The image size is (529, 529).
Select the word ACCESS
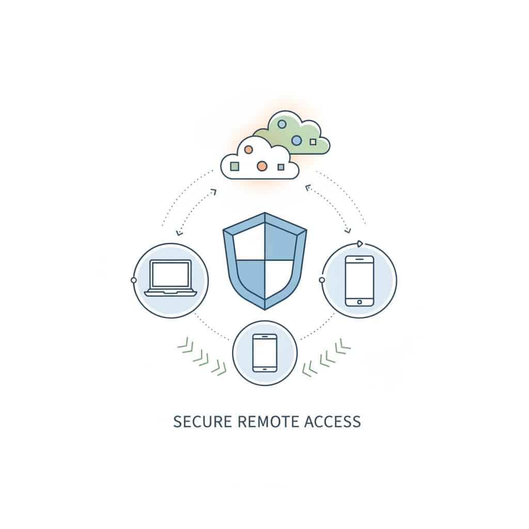tap(333, 422)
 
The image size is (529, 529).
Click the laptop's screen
tap(170, 274)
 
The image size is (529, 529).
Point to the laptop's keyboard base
tap(170, 292)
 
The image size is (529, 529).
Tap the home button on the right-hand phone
tap(360, 302)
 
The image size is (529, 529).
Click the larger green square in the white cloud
tap(235, 166)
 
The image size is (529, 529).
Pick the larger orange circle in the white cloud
tap(262, 166)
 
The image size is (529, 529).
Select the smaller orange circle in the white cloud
tap(248, 150)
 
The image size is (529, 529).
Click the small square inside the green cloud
tap(313, 142)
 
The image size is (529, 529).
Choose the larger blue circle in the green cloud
tap(296, 140)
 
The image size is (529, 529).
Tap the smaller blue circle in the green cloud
tap(282, 125)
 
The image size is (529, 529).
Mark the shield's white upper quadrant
tap(249, 243)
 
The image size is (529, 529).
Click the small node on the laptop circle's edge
tap(134, 281)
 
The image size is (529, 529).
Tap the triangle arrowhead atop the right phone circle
tap(360, 243)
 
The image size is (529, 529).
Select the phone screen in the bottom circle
tap(265, 353)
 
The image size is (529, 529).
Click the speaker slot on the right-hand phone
tap(360, 259)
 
